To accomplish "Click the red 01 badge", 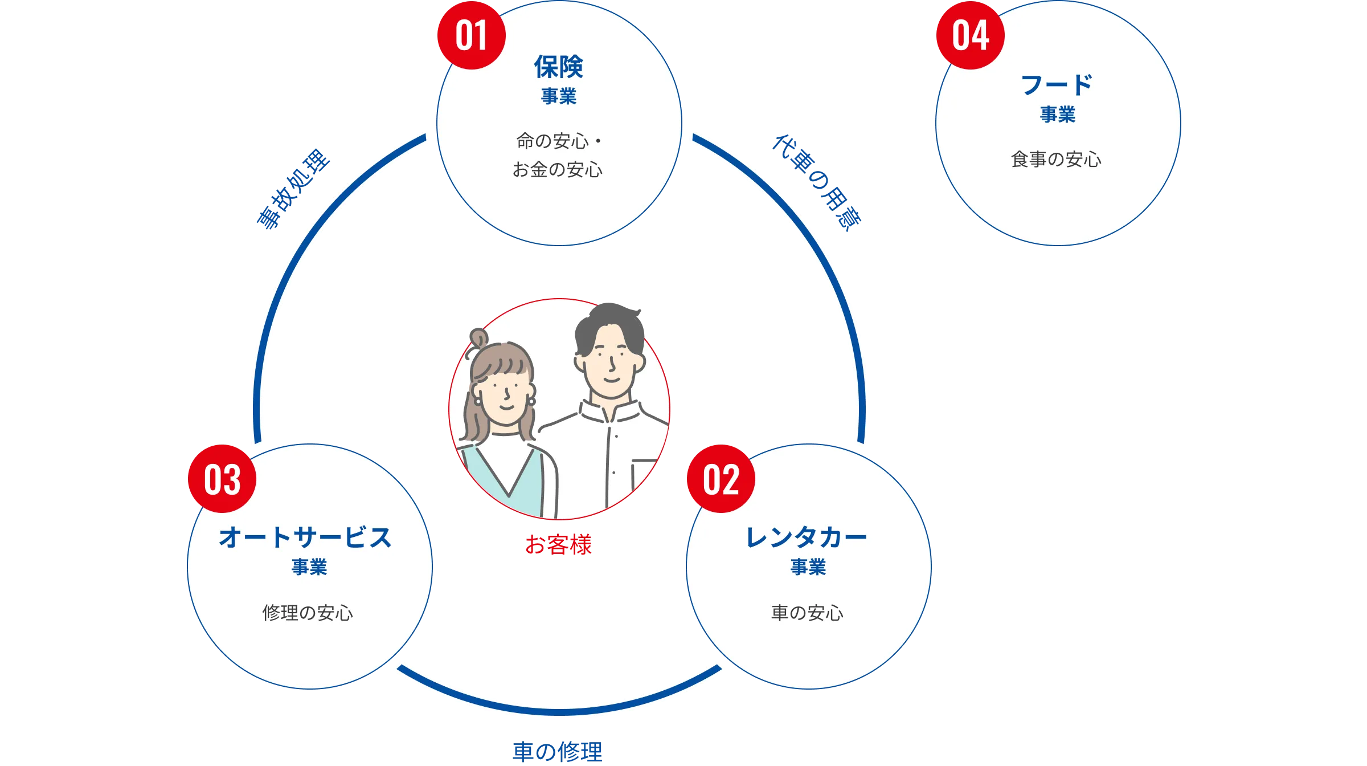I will pyautogui.click(x=471, y=35).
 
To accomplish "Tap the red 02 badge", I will pyautogui.click(x=721, y=479).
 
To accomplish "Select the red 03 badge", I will pyautogui.click(x=222, y=479).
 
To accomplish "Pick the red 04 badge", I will pyautogui.click(x=970, y=35).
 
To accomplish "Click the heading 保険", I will pyautogui.click(x=558, y=67).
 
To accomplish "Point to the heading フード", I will pyautogui.click(x=1057, y=85).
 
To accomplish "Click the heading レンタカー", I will pyautogui.click(x=807, y=537).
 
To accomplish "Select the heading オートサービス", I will pyautogui.click(x=306, y=537).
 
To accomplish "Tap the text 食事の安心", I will pyautogui.click(x=1056, y=160).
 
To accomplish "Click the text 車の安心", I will pyautogui.click(x=807, y=613).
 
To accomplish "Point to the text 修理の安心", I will pyautogui.click(x=308, y=613).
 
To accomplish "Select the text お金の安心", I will pyautogui.click(x=557, y=170).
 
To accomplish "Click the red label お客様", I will pyautogui.click(x=558, y=545).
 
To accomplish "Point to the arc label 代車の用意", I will pyautogui.click(x=817, y=182).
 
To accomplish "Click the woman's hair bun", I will pyautogui.click(x=479, y=338).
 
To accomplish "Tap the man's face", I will pyautogui.click(x=609, y=365).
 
